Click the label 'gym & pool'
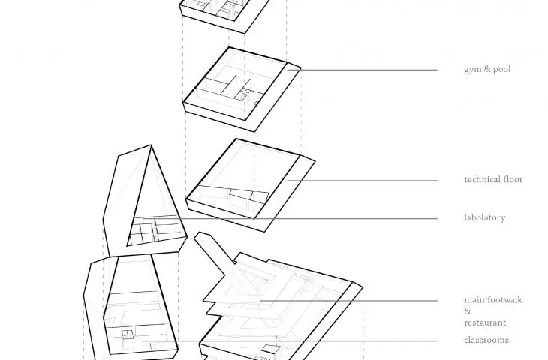[x=487, y=69]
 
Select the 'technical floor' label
[x=493, y=179]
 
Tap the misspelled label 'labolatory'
[x=485, y=218]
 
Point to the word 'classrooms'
[x=486, y=340]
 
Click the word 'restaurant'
[x=485, y=322]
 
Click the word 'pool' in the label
[x=502, y=69]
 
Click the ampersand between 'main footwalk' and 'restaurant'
[x=468, y=310]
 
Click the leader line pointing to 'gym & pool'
[x=362, y=70]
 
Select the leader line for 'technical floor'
[x=362, y=181]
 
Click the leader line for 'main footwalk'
[x=348, y=301]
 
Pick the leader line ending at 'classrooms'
[x=290, y=340]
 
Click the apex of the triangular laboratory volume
[x=151, y=145]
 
